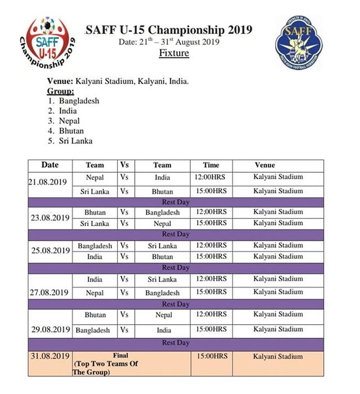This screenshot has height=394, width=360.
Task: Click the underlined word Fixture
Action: tap(174, 54)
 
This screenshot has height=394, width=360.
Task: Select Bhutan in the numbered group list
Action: tap(71, 131)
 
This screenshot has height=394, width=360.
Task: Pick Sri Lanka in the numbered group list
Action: tap(76, 141)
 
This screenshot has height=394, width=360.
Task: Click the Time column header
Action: tap(211, 165)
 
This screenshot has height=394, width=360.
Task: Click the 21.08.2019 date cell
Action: tap(48, 183)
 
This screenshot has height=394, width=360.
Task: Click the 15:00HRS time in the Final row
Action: tap(211, 357)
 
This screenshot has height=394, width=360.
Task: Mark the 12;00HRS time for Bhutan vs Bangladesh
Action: tap(211, 212)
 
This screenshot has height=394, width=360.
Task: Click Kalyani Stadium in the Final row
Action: tap(278, 357)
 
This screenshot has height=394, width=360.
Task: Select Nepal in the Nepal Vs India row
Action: tap(94, 178)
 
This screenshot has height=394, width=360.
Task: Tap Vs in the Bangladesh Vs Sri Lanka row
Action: tap(124, 246)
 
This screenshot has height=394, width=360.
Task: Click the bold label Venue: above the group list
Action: tap(60, 82)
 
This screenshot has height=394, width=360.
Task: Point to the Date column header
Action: tap(50, 165)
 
